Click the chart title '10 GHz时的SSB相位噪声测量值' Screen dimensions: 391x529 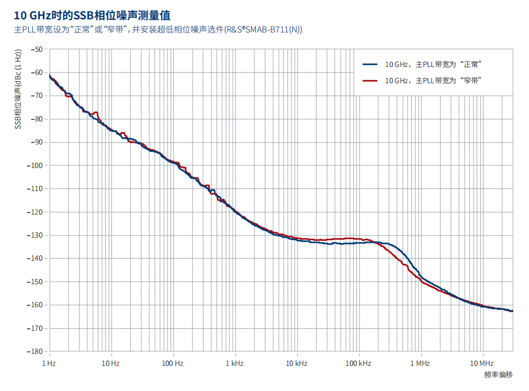(x=92, y=15)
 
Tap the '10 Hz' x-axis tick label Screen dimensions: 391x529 (x=110, y=363)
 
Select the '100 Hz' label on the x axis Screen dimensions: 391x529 (x=172, y=363)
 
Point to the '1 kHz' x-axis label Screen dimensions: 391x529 (x=234, y=363)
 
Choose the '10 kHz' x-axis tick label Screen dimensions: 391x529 (x=296, y=363)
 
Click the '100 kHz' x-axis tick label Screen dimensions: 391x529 (x=358, y=363)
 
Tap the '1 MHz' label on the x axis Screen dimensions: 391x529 (x=420, y=363)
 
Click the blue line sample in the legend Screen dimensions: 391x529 (x=370, y=64)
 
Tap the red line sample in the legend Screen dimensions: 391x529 (x=370, y=81)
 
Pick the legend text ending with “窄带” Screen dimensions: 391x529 (x=433, y=81)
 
